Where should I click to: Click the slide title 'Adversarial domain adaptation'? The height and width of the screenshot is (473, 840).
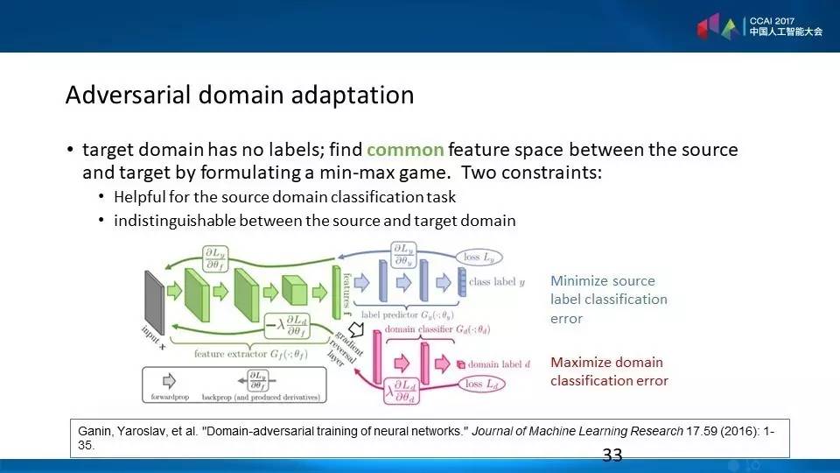click(x=239, y=95)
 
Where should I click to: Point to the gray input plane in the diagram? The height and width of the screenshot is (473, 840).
click(x=153, y=296)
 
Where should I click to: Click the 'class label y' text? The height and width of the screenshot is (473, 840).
click(x=497, y=282)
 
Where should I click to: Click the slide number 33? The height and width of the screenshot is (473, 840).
click(x=612, y=455)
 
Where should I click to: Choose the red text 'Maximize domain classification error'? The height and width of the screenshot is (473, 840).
click(x=608, y=371)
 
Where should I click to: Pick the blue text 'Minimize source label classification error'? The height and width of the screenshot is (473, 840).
click(x=608, y=300)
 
